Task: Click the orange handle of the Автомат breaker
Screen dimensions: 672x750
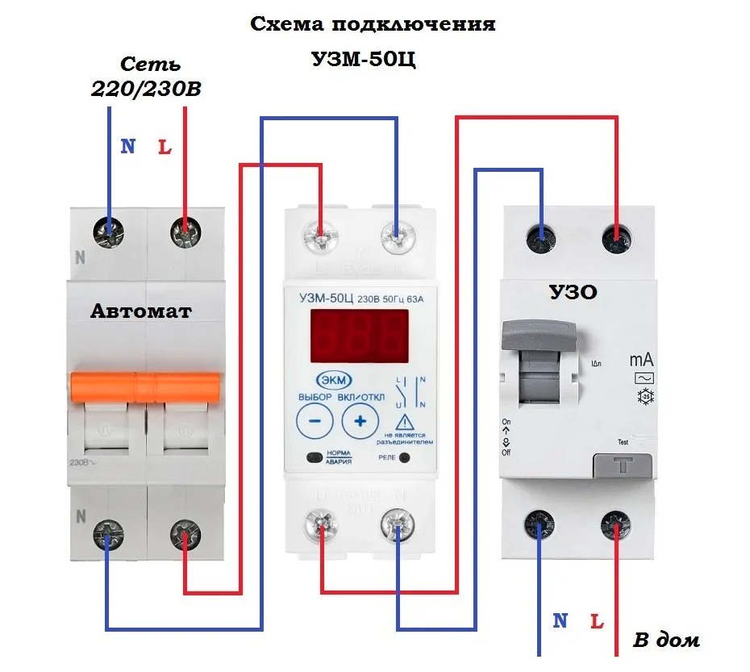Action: point(144,386)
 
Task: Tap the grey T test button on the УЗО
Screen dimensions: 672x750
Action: point(624,466)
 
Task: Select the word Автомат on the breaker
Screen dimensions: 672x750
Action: point(141,311)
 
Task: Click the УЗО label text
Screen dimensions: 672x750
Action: point(573,291)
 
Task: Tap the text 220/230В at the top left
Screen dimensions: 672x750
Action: point(146,90)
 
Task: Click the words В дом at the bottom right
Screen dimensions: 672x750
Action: point(666,641)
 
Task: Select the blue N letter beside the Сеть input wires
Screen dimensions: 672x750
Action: point(127,147)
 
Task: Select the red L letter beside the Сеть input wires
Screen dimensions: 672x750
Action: point(165,148)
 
